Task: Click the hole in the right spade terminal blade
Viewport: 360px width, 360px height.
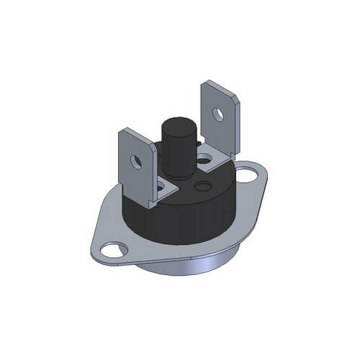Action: pyautogui.click(x=218, y=112)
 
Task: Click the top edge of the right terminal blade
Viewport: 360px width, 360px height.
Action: pyautogui.click(x=220, y=84)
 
